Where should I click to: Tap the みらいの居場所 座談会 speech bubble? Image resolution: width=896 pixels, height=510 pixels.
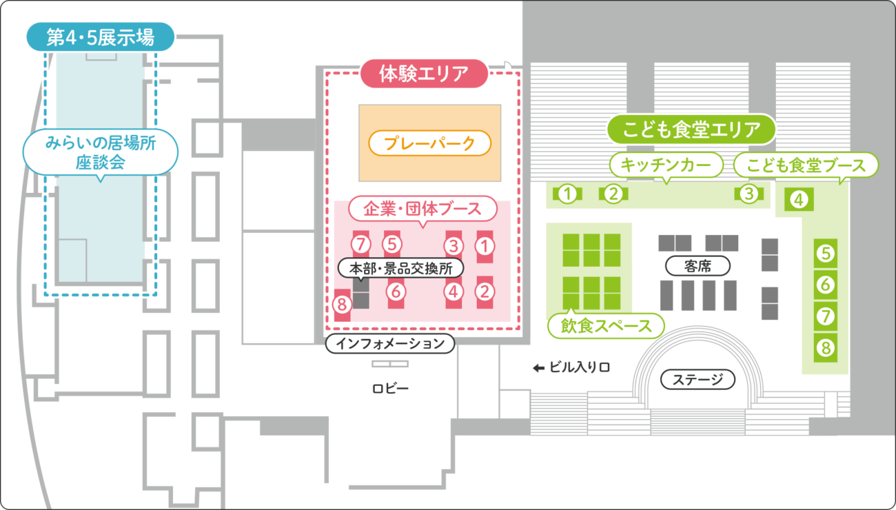pos(101,152)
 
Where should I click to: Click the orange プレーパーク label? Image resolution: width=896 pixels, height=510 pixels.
pos(429,143)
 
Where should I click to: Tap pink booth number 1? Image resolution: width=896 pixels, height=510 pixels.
pos(485,245)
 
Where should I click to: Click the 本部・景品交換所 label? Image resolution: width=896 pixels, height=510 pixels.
pos(400,267)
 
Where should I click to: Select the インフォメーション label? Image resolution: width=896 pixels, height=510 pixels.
pos(389,344)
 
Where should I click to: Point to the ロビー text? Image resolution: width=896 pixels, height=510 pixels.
pos(390,389)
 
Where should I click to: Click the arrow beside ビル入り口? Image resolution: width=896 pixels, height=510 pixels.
pos(538,368)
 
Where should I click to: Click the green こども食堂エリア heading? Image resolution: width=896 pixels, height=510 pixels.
pos(691,129)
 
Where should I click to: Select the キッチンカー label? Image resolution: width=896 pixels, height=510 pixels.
pos(665,165)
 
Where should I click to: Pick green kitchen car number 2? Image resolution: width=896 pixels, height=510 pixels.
pos(613,194)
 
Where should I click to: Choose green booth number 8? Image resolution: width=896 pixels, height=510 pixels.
pos(826,347)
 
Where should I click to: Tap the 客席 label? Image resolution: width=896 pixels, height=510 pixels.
pos(698,266)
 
